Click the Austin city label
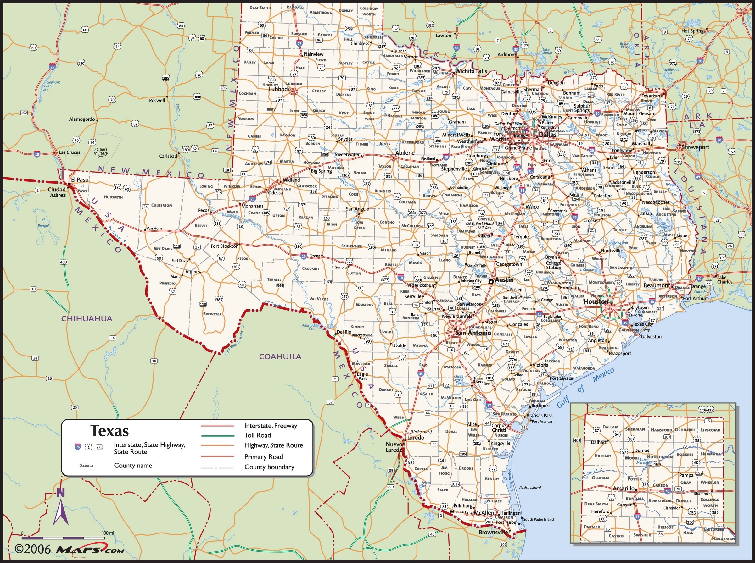point(504,279)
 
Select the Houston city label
point(596,301)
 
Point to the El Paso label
point(80,179)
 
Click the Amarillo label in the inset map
point(624,488)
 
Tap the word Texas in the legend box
point(109,431)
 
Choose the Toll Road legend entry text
point(257,435)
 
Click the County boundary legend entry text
point(269,467)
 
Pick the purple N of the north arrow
point(60,492)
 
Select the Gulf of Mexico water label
point(585,388)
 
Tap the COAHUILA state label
point(280,356)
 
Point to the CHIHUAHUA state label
point(87,318)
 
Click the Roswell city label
point(157,100)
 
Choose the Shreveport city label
point(695,147)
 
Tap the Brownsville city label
point(493,532)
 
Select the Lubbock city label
point(279,89)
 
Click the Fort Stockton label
point(224,246)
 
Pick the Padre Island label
point(530,487)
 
